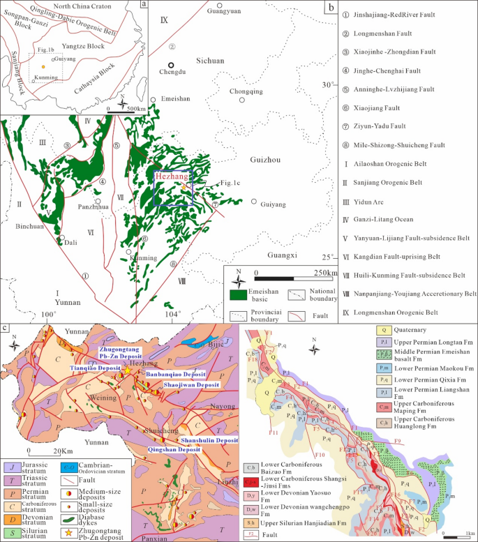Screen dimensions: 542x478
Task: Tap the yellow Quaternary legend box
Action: [382, 329]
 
